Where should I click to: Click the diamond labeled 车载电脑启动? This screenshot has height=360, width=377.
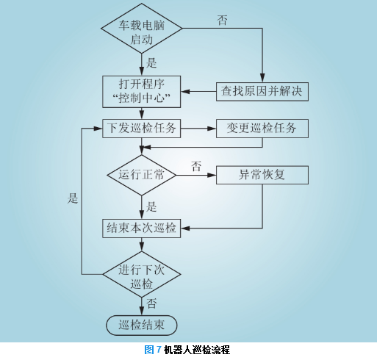coord(142,29)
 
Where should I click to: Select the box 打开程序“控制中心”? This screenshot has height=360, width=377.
coord(142,92)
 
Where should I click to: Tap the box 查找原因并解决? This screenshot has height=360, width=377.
coord(262,92)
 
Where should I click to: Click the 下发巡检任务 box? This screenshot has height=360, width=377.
coord(142,129)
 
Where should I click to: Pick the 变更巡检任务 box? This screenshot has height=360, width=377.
coord(262,129)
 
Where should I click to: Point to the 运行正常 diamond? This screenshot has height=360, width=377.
coord(142,175)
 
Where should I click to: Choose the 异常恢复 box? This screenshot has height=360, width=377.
coord(262,175)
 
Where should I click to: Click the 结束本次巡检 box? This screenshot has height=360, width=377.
coord(142,228)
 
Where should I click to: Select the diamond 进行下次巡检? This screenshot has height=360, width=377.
coord(142,275)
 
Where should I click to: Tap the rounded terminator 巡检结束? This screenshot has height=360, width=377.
coord(142,325)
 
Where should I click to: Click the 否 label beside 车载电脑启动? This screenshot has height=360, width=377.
coord(222,20)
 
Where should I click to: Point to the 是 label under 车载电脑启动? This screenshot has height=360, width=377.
coord(151,63)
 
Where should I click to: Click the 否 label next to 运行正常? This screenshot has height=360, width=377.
coord(196,166)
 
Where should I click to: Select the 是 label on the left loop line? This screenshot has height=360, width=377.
coord(73,198)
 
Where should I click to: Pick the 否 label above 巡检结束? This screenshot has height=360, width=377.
coord(151,303)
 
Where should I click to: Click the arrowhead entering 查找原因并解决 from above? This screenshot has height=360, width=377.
coord(262,78)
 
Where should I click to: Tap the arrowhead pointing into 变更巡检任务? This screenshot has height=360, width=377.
coord(212,129)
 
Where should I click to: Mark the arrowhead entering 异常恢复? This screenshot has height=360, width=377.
coord(212,175)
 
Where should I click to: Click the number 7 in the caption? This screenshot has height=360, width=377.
coord(158,350)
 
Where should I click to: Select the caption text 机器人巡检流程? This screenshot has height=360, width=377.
coord(197,350)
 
